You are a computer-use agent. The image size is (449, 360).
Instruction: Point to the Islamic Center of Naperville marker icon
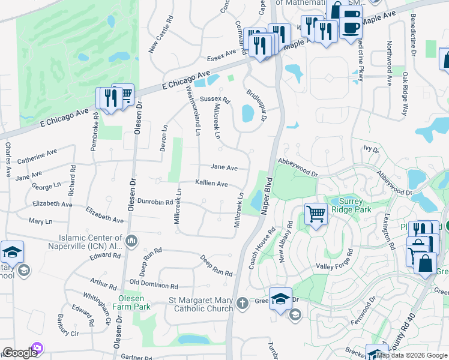pyautogui.click(x=132, y=242)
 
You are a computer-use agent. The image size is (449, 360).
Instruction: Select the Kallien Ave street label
pyautogui.click(x=211, y=183)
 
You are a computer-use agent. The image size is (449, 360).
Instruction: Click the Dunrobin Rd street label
pyautogui.click(x=155, y=202)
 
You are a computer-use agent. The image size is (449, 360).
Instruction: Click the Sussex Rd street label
pyautogui.click(x=215, y=99)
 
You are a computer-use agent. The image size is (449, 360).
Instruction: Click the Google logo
pyautogui.click(x=20, y=353)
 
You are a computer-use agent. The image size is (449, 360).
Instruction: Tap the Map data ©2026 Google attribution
pyautogui.click(x=412, y=355)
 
